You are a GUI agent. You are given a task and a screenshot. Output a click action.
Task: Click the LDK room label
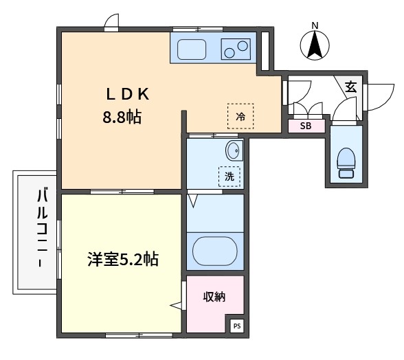click(x=128, y=94)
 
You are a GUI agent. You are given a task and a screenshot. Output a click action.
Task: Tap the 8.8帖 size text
click(x=122, y=117)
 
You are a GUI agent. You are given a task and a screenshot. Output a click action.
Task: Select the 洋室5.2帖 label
click(x=123, y=259)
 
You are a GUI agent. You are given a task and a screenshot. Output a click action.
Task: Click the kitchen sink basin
click(x=192, y=49)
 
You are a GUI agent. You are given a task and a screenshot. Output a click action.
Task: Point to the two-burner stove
click(x=236, y=49)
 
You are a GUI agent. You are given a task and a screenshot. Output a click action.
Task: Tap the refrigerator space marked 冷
click(x=240, y=116)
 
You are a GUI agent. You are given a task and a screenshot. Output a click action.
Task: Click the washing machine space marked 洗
click(x=229, y=177)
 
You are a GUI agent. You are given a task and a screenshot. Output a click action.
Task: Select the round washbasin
click(x=234, y=150)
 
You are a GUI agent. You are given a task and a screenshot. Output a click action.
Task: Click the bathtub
click(x=215, y=251)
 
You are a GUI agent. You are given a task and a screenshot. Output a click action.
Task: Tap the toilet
click(x=346, y=163)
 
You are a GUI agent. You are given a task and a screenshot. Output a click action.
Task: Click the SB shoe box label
click(x=306, y=126)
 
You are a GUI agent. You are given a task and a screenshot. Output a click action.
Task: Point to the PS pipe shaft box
click(x=237, y=326)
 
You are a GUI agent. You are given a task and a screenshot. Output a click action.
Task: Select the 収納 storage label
click(x=214, y=297)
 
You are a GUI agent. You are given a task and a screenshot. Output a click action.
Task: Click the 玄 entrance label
click(x=350, y=87)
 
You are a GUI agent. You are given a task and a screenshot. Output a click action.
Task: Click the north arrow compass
click(x=315, y=45)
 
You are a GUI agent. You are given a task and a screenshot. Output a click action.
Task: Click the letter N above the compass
click(x=315, y=25)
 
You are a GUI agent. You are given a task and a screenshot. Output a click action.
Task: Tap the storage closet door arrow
click(x=176, y=305)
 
